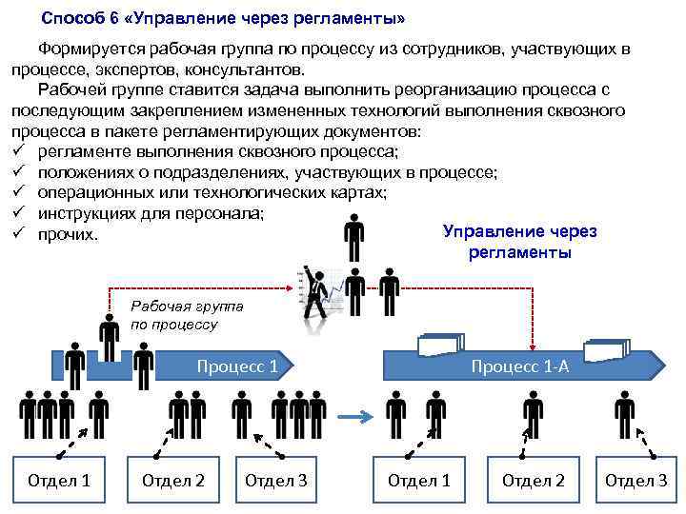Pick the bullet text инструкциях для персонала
click(151, 212)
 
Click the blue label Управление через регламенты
click(519, 243)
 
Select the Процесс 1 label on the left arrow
click(236, 366)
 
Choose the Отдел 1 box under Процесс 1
click(59, 481)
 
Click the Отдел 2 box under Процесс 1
click(172, 481)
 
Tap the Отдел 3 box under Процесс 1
click(275, 481)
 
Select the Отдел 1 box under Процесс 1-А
click(418, 481)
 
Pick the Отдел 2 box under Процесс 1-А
click(533, 481)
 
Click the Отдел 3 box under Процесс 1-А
click(636, 481)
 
